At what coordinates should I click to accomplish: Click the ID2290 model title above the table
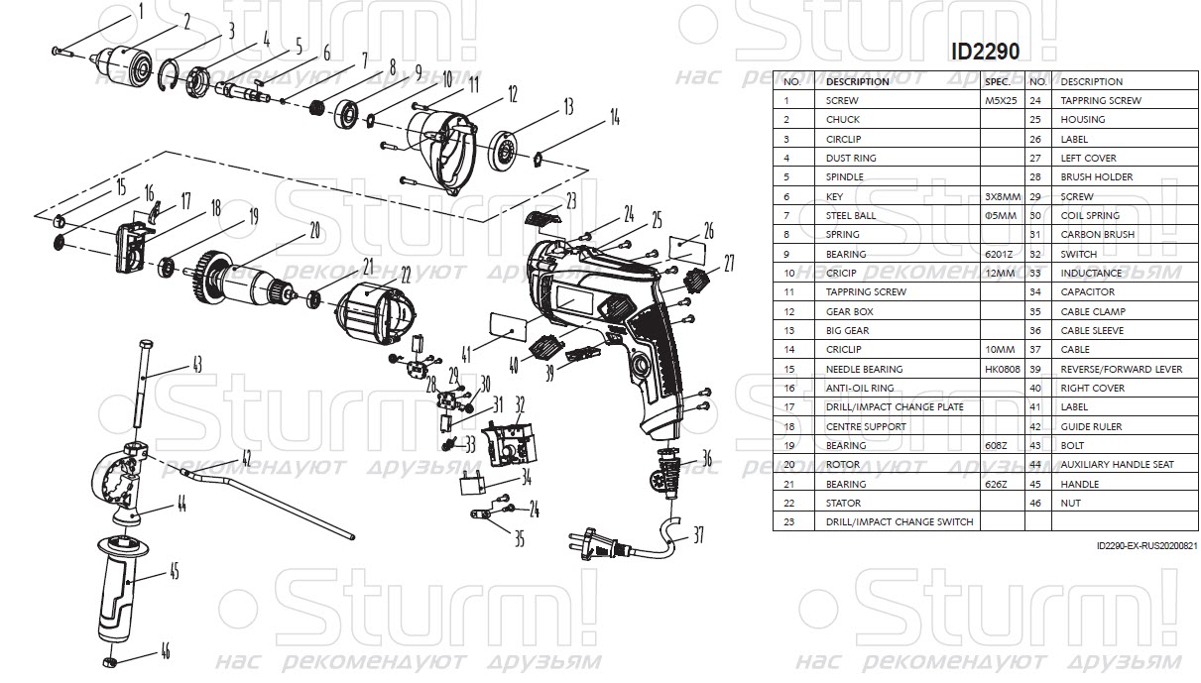point(985,51)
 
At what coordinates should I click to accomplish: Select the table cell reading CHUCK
point(843,120)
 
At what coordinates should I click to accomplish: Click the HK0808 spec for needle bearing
point(1000,369)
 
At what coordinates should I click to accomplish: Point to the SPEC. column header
point(999,81)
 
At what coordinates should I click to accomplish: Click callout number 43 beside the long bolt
point(196,366)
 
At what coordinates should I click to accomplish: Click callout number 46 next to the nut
point(165,651)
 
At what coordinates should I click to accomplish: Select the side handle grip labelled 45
point(117,585)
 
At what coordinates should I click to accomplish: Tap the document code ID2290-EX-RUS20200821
point(1147,546)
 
